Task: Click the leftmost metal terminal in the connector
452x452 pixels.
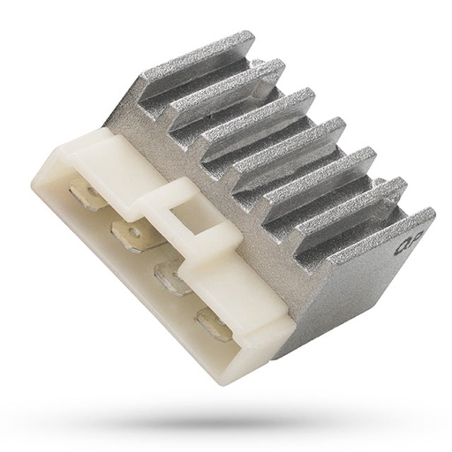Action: click(89, 195)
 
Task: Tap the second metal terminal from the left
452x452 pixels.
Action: click(132, 235)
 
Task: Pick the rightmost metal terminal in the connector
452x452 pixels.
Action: click(215, 324)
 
